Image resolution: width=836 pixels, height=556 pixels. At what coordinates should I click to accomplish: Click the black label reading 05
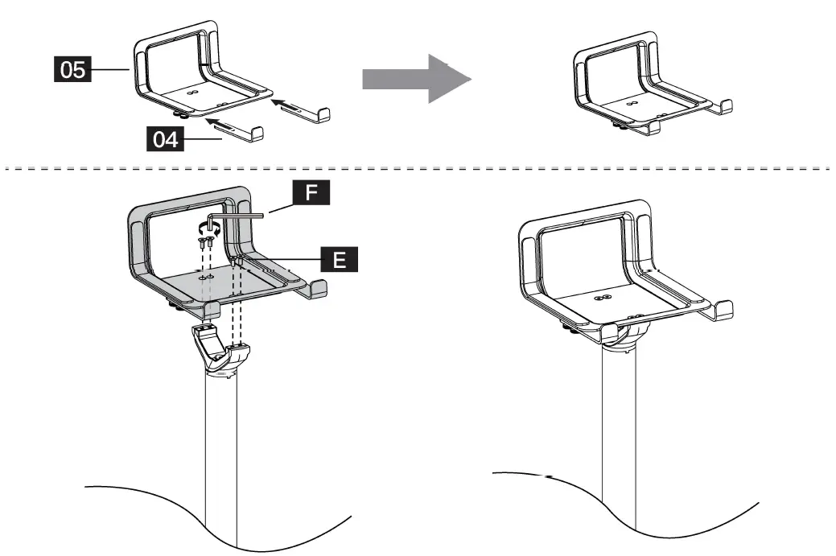(72, 70)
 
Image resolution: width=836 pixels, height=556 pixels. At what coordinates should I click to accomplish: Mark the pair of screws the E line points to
(236, 262)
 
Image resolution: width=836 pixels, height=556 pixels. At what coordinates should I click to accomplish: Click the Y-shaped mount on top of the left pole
(220, 350)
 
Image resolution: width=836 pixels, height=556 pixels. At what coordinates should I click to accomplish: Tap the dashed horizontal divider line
(418, 169)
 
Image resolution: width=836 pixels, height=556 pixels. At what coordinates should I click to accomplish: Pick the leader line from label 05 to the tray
(111, 70)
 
